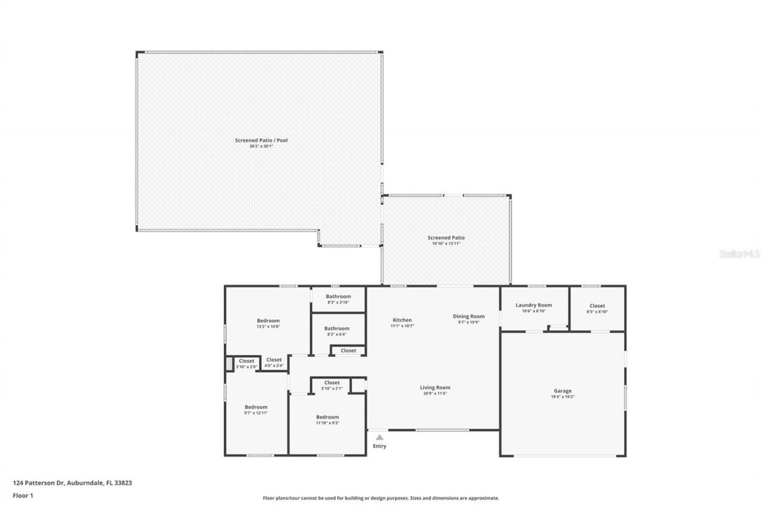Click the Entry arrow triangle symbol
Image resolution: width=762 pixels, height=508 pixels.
[379, 437]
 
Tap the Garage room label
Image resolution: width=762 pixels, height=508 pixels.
[563, 391]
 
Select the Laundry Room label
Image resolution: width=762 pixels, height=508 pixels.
[534, 306]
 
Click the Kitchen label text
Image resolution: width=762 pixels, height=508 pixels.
[402, 320]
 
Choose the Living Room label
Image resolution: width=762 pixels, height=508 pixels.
[435, 388]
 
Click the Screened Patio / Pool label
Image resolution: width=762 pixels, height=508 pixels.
[261, 141]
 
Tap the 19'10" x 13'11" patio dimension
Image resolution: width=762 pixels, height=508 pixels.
[446, 244]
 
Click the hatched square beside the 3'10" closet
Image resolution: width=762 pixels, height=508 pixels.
[229, 364]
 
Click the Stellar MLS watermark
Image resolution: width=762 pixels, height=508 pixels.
[739, 254]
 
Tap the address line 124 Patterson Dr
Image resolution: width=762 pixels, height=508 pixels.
[73, 483]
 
